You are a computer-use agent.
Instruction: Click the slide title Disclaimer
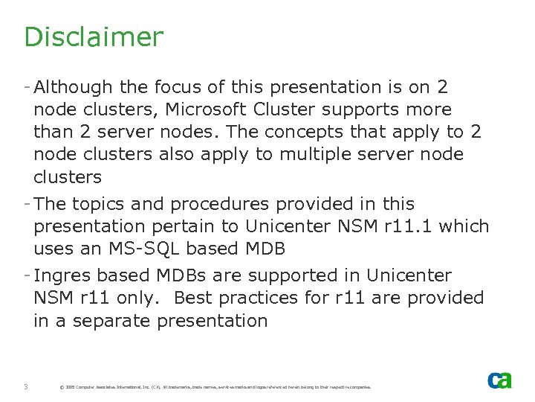[x=93, y=36]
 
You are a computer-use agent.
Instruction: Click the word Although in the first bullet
[x=71, y=87]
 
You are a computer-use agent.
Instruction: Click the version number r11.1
[x=409, y=226]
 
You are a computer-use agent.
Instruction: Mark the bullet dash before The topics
[x=27, y=203]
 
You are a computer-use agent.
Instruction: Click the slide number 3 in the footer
[x=26, y=386]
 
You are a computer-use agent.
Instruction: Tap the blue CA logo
[x=499, y=380]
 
